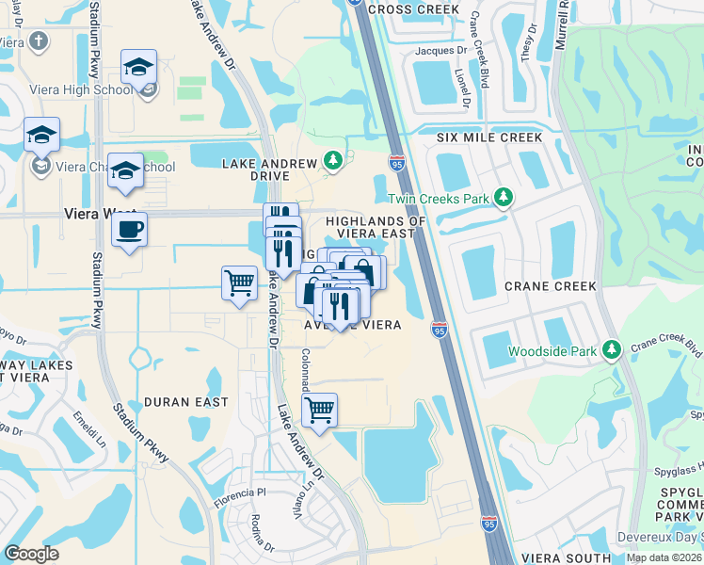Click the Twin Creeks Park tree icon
[x=504, y=197]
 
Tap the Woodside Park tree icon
[x=612, y=350]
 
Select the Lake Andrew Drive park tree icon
[x=332, y=162]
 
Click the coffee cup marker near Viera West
[x=129, y=229]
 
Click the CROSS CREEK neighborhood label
[x=414, y=9]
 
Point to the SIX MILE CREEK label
[x=489, y=137]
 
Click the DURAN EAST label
[x=186, y=402]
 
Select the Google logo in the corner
[x=31, y=554]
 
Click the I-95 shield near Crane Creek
[x=440, y=329]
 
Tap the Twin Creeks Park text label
[x=439, y=199]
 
